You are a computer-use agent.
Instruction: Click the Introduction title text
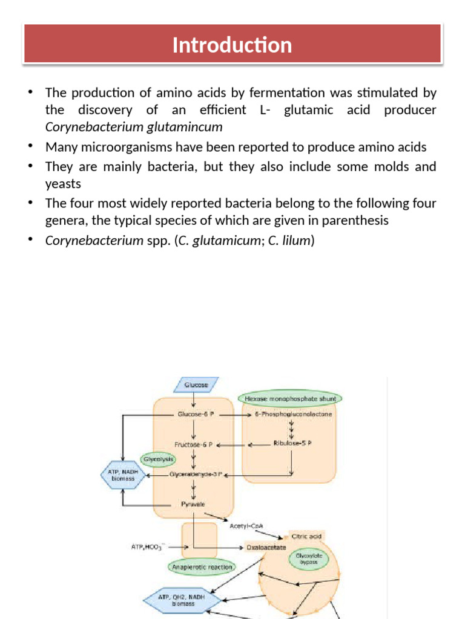(232, 45)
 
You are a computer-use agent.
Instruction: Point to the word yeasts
(64, 183)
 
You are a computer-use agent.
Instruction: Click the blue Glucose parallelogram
(196, 385)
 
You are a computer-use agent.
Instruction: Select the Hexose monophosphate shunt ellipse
(290, 399)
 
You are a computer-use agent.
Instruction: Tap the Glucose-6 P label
(195, 415)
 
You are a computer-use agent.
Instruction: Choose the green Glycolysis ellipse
(157, 459)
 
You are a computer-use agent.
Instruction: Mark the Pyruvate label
(193, 503)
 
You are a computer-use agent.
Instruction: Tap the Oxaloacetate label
(266, 547)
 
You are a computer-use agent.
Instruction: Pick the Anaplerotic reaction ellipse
(202, 567)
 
